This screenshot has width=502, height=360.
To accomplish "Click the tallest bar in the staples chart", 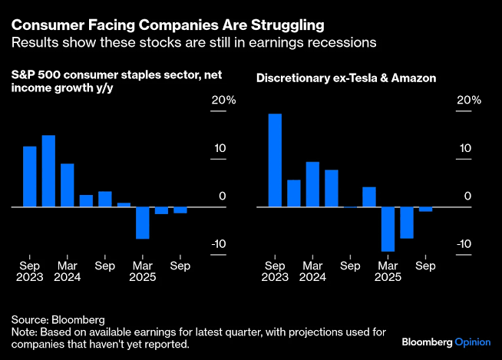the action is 48,171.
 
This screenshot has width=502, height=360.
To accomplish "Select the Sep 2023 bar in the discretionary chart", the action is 275,160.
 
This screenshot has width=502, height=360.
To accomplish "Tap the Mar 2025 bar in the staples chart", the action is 143,223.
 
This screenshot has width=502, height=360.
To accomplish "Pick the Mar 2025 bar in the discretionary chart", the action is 388,230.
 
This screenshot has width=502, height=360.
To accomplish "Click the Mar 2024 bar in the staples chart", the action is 68,185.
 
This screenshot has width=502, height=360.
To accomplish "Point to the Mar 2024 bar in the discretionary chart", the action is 312,184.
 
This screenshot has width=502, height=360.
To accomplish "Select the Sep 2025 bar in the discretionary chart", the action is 425,209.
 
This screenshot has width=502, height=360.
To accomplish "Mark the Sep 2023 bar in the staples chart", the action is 30,177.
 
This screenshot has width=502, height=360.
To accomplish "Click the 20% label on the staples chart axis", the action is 223,101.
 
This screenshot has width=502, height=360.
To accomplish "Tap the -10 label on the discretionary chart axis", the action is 464,244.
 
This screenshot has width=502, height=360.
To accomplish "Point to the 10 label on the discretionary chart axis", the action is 465,148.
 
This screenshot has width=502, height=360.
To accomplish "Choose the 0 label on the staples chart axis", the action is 223,196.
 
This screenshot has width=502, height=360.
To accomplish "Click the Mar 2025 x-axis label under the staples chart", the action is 143,271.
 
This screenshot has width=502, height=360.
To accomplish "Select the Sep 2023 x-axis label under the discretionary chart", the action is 275,271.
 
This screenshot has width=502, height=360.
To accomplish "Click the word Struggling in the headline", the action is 288,25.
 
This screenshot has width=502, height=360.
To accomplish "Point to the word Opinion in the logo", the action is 473,342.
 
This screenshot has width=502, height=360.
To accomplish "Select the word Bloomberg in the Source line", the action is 78,320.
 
